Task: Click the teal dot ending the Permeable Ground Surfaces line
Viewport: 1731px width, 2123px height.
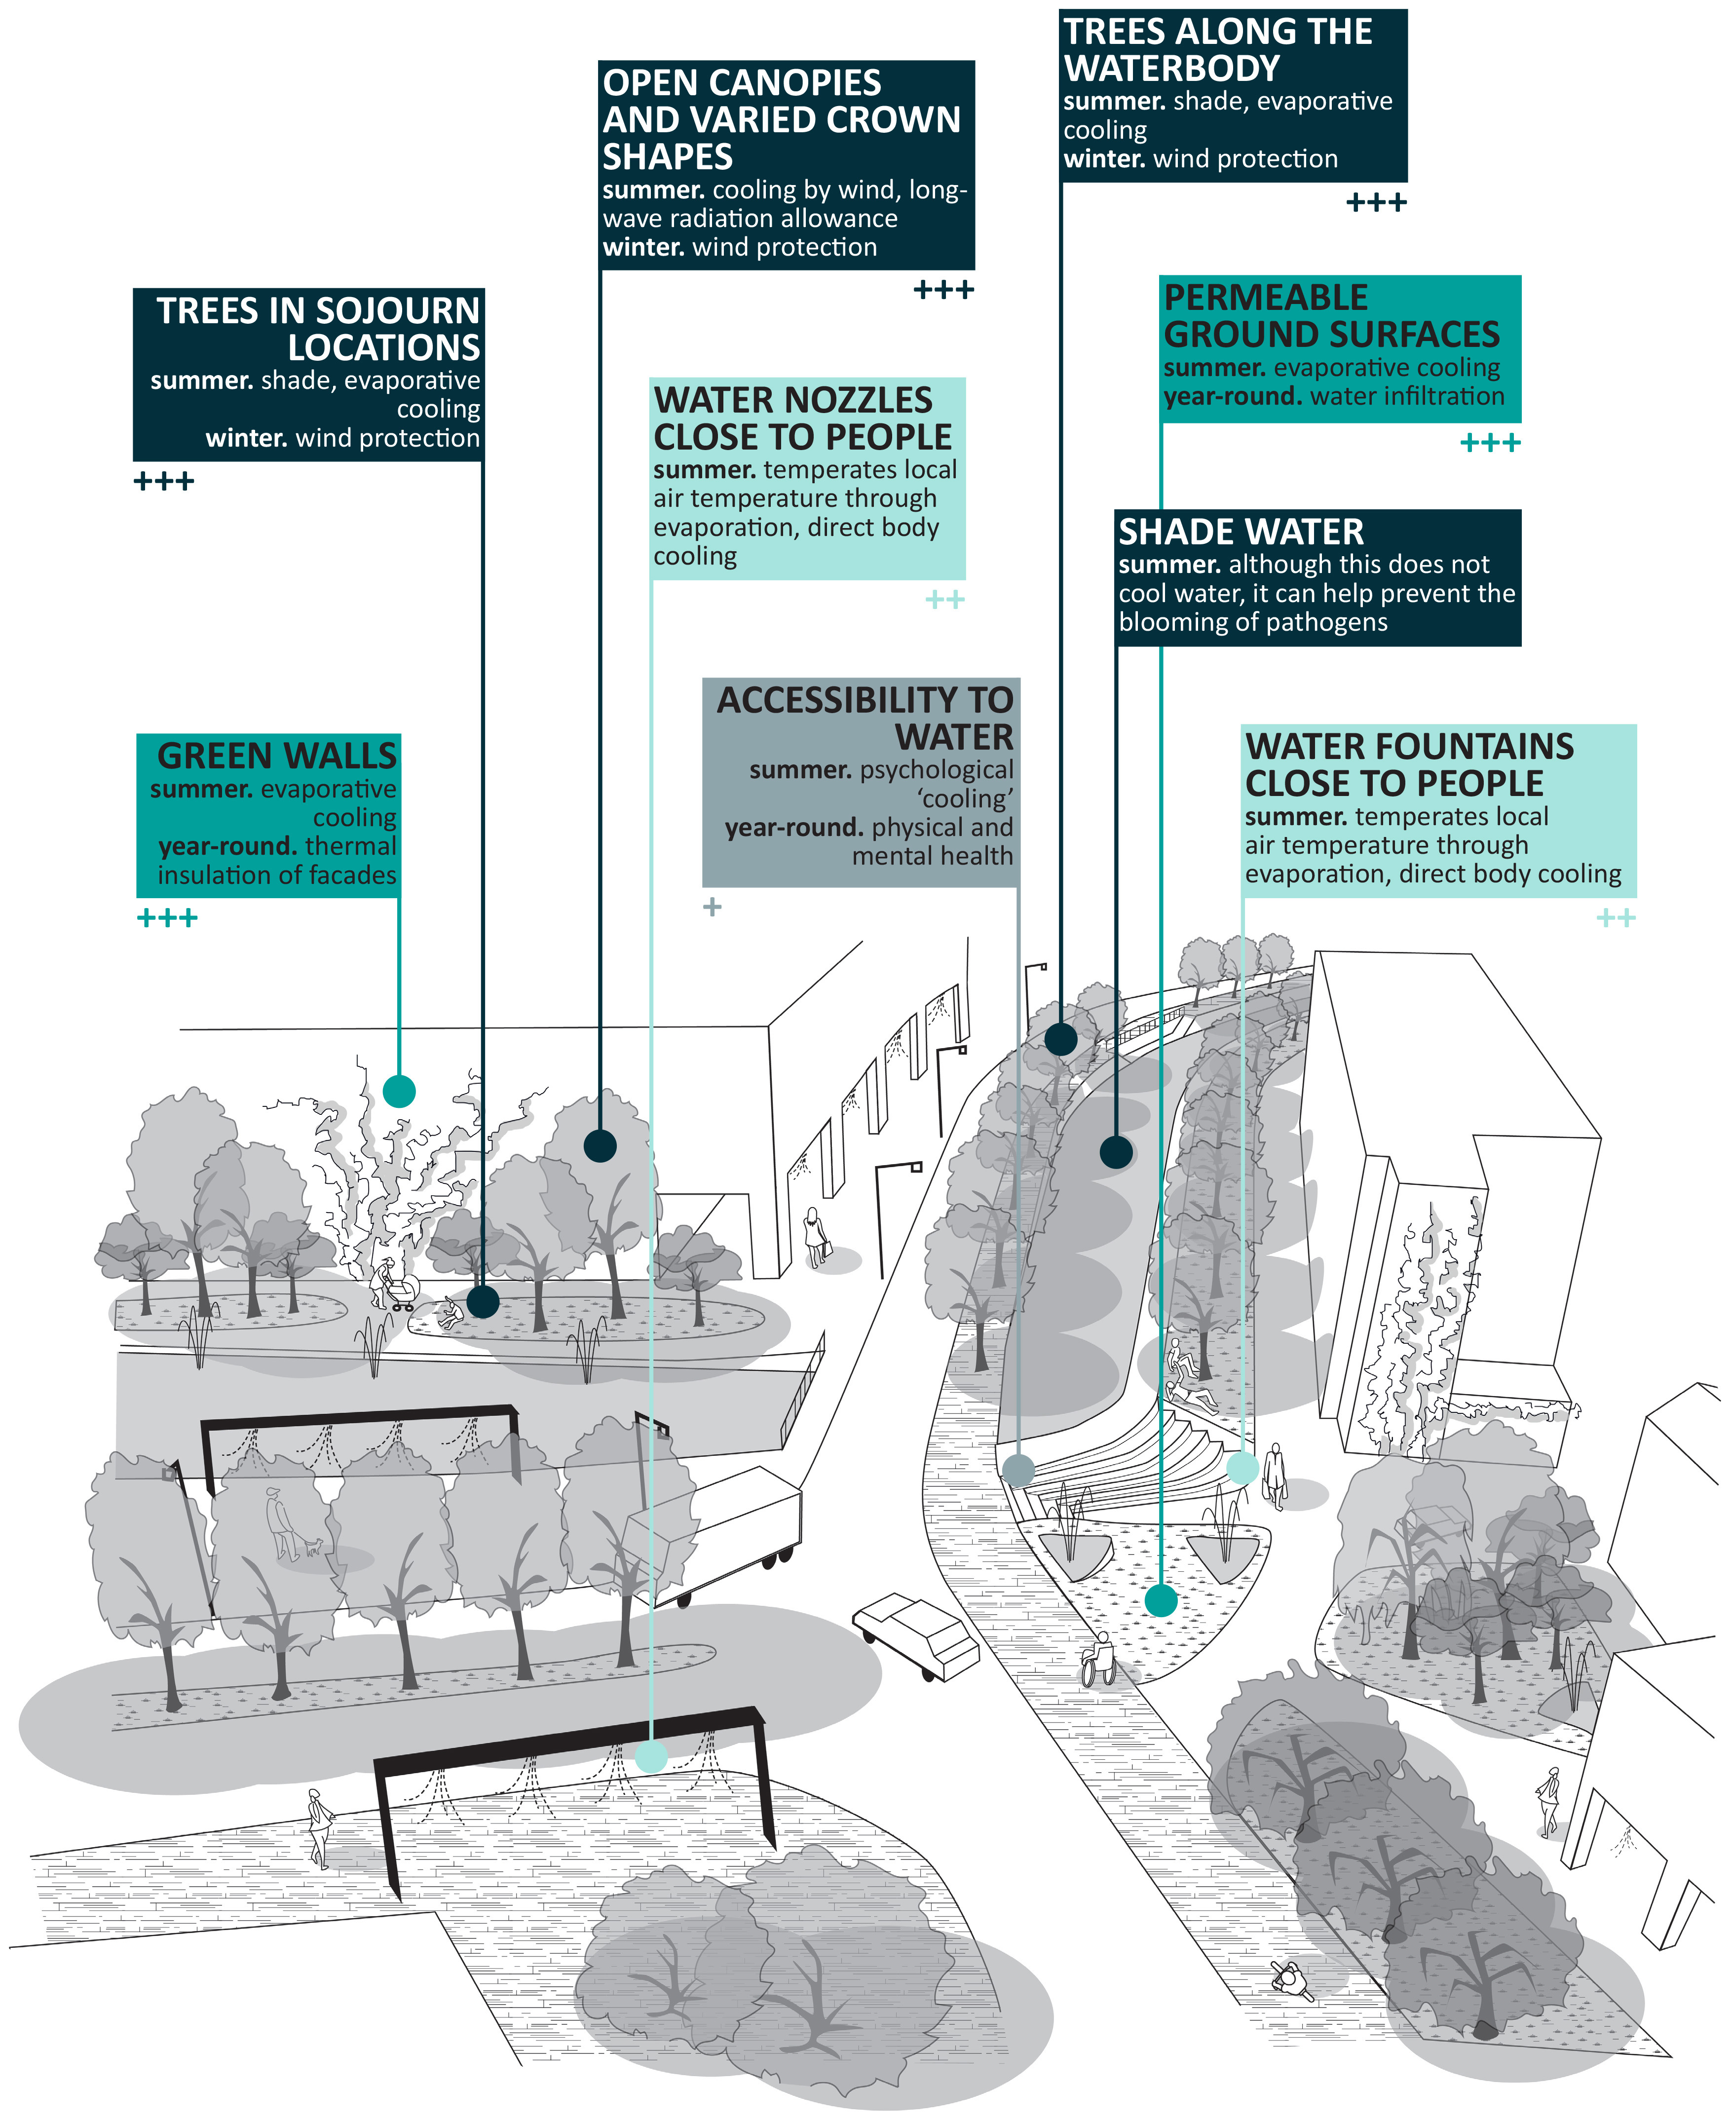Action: [x=1161, y=1600]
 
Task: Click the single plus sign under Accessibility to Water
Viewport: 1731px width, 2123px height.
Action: [x=712, y=907]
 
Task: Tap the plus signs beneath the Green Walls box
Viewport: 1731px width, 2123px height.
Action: [x=166, y=917]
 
